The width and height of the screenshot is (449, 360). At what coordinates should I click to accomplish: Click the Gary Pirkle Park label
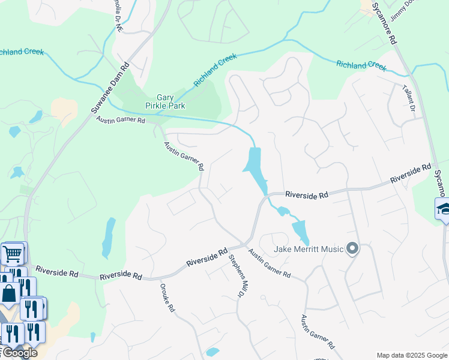[170, 101]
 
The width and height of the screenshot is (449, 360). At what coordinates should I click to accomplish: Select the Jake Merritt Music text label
[309, 249]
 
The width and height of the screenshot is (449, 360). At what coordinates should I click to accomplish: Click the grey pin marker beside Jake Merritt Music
[352, 248]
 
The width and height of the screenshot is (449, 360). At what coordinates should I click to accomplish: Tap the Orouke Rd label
[167, 298]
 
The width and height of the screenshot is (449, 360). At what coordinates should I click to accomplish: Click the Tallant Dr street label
[409, 98]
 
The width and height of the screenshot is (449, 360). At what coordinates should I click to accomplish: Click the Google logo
[19, 352]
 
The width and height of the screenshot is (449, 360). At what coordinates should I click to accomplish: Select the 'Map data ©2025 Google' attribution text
[411, 355]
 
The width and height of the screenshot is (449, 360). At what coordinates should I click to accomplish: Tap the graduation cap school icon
[443, 209]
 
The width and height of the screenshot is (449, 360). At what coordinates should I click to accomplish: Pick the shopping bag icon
[9, 294]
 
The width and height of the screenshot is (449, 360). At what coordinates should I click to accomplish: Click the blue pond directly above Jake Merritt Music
[300, 231]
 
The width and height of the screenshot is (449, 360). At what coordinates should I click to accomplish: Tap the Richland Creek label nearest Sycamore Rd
[361, 65]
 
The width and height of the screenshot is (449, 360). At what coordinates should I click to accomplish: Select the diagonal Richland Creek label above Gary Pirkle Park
[215, 70]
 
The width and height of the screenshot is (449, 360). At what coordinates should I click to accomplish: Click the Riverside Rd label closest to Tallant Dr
[411, 174]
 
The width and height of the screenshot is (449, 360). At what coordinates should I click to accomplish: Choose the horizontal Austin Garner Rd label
[121, 120]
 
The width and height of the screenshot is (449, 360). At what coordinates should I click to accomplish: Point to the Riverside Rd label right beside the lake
[307, 195]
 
